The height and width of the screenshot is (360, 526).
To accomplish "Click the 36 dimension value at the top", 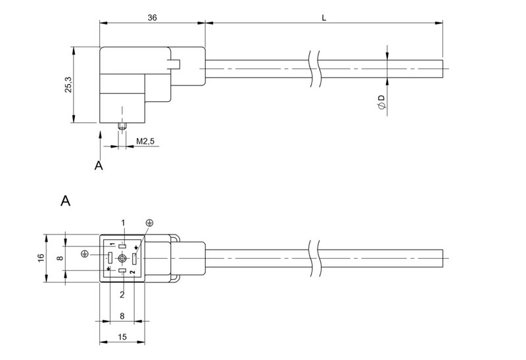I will coord(153,18).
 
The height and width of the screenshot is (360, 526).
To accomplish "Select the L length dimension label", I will coord(324,18).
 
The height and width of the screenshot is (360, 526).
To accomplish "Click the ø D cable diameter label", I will coord(381,101).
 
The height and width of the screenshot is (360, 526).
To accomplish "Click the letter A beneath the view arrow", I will coord(99,166).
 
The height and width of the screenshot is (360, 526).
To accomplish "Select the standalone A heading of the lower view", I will coord(65,200).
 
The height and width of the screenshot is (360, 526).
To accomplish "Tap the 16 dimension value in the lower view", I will coord(41,259).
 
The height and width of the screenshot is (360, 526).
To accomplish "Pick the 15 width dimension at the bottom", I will coord(122,337).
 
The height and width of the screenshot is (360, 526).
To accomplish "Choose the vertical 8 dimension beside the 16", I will coord(60,259).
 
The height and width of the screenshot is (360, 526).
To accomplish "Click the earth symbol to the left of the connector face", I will coord(84,254).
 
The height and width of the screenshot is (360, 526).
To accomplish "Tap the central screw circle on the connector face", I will coord(122,259).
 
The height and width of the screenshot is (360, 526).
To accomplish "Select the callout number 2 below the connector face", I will coord(122,294).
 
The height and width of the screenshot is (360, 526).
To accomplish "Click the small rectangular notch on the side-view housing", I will coord(175,64).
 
